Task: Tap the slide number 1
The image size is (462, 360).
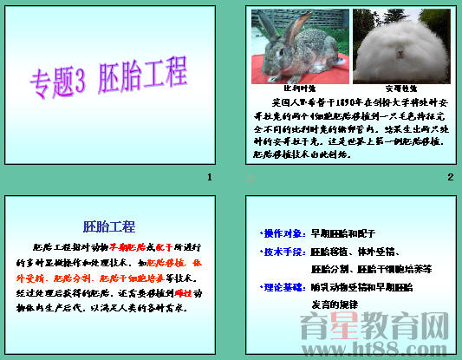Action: (209, 177)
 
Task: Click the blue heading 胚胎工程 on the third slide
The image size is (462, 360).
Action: (109, 226)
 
